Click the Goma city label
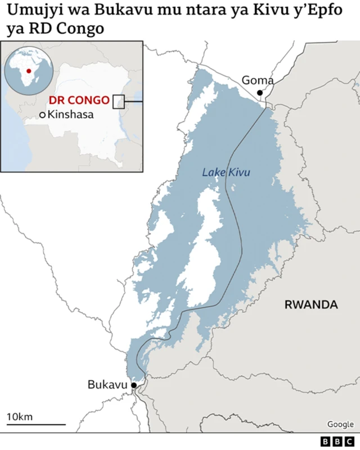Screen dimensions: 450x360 (258, 80)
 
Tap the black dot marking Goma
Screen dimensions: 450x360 (260, 93)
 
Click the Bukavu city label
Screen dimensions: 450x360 (107, 385)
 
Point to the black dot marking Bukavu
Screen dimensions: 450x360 (134, 385)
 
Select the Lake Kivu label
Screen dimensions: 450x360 (226, 173)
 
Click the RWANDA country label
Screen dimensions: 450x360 (311, 305)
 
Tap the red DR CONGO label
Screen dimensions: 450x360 (79, 101)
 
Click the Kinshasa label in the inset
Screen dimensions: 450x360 (71, 115)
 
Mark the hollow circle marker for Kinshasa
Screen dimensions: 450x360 (43, 115)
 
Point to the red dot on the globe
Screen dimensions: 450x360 (28, 71)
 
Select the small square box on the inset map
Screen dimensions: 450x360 (118, 101)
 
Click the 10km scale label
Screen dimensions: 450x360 (20, 417)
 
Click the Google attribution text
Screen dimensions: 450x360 (340, 425)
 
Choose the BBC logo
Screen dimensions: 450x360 (336, 442)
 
